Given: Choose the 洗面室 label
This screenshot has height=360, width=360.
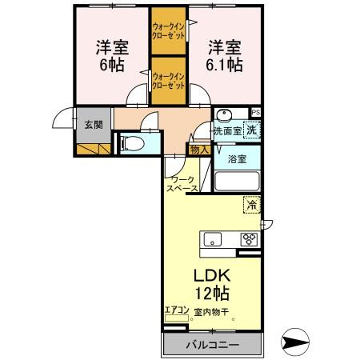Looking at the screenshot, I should click(x=226, y=130).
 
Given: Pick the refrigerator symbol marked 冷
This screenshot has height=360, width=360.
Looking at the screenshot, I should click(x=252, y=205).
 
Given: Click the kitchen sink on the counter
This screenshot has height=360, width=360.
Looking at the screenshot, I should click(x=213, y=238).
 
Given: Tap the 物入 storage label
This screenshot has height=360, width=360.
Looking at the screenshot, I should click(x=199, y=149).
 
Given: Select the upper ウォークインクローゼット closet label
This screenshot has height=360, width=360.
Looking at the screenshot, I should click(x=168, y=32).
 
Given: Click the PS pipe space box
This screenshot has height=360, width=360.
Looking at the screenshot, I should click(x=256, y=112).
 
